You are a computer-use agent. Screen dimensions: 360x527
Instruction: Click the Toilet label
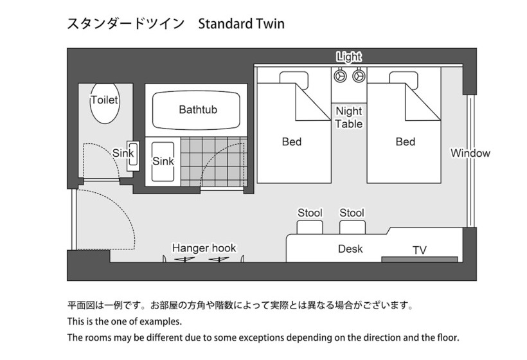105,100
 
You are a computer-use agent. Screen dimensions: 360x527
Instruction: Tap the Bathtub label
198,109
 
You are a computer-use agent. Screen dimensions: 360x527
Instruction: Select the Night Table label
349,118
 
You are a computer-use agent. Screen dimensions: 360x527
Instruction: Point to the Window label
470,153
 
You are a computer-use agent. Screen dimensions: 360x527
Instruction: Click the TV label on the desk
420,250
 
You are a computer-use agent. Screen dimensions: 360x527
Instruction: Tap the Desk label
350,249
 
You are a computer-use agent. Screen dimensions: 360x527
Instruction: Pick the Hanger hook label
204,248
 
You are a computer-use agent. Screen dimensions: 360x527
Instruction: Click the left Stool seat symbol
310,227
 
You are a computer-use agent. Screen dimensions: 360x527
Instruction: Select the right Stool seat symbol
352,227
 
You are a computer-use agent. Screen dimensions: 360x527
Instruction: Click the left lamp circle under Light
340,76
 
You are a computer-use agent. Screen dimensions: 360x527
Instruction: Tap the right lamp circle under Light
358,76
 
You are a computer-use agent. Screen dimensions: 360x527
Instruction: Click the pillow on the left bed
294,78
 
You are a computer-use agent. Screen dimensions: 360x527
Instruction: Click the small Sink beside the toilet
133,155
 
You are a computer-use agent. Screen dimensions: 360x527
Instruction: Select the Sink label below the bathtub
163,161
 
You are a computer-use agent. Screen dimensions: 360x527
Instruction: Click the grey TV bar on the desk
420,259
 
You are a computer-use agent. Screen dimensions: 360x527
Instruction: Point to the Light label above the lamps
349,57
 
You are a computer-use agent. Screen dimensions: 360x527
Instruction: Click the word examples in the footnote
161,321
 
